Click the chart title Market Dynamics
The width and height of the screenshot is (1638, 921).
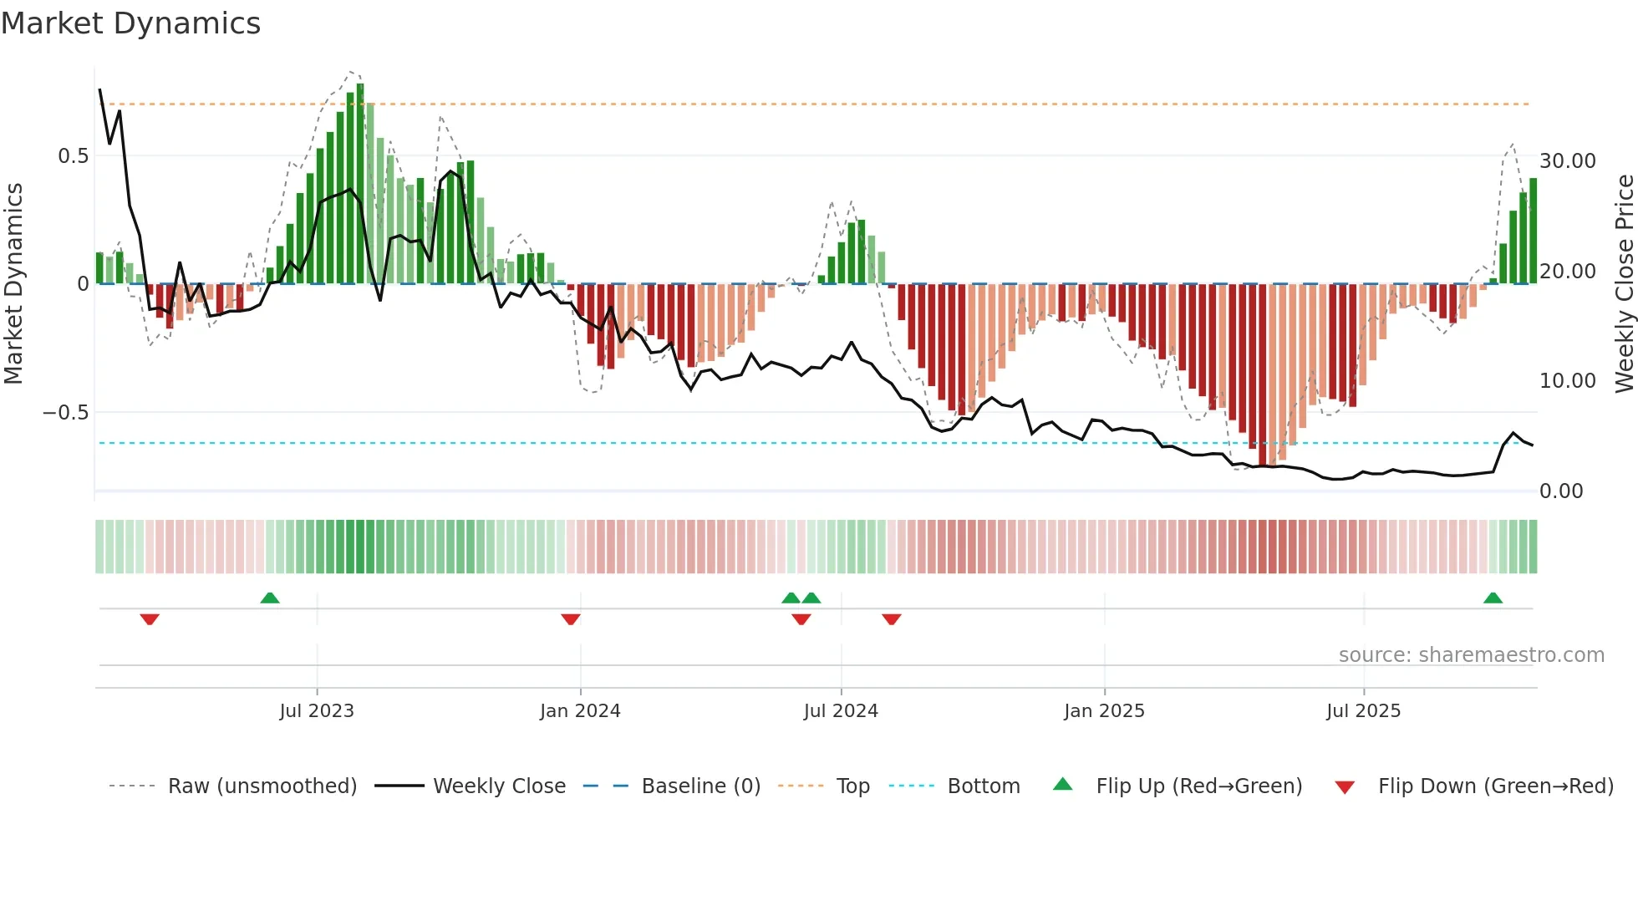pyautogui.click(x=130, y=23)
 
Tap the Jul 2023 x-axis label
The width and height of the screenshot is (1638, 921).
pyautogui.click(x=317, y=711)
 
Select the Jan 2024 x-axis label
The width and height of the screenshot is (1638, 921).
pyautogui.click(x=580, y=711)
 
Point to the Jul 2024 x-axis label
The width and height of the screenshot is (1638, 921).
pyautogui.click(x=841, y=711)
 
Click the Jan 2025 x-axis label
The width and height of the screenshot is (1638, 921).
pyautogui.click(x=1104, y=711)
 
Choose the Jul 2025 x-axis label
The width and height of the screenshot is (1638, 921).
pyautogui.click(x=1363, y=711)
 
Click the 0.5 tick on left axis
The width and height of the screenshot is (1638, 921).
pyautogui.click(x=73, y=156)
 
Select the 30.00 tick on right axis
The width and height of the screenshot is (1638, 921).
pyautogui.click(x=1567, y=161)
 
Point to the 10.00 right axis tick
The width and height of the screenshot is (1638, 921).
pyautogui.click(x=1567, y=381)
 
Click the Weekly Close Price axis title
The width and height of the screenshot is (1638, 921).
pyautogui.click(x=1624, y=284)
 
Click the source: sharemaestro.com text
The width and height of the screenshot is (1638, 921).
pyautogui.click(x=1471, y=655)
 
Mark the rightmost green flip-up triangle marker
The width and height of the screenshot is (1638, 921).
pyautogui.click(x=1493, y=598)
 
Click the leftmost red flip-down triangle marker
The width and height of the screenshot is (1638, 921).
pyautogui.click(x=150, y=619)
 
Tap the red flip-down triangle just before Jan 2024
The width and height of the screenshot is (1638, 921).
pyautogui.click(x=571, y=619)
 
